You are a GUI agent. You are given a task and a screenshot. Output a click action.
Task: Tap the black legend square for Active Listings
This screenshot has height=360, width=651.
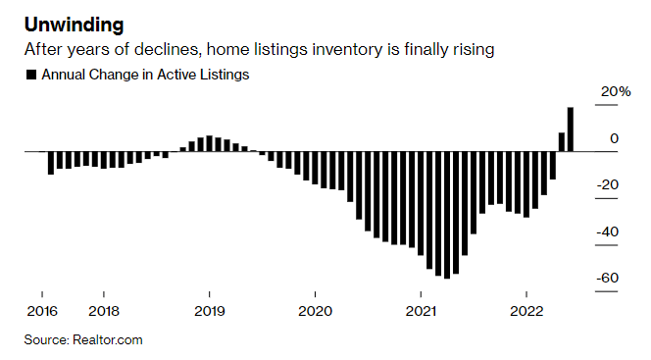[32, 75]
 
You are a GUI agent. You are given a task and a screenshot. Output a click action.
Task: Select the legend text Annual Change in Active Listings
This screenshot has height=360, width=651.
[144, 75]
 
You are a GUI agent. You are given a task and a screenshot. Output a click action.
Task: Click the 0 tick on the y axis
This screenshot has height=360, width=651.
[614, 138]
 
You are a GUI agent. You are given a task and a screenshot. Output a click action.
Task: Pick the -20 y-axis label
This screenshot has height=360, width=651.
[608, 184]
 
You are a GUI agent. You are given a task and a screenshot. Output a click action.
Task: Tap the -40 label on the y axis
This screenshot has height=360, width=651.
[608, 231]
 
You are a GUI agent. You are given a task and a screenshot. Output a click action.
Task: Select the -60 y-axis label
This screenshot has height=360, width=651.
[608, 278]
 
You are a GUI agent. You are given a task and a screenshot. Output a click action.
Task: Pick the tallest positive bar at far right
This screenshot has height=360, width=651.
[571, 129]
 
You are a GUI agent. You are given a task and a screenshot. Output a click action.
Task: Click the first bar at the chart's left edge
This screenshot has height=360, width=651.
[50, 163]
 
